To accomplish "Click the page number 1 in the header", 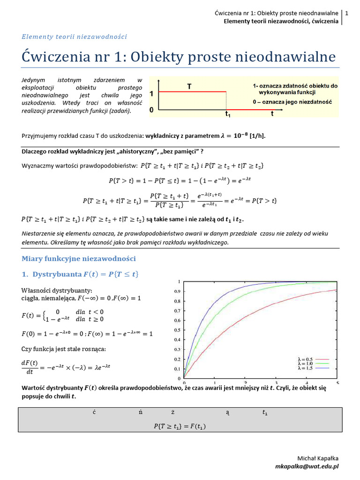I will point(346,14).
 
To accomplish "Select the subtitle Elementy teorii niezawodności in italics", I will point(75,37).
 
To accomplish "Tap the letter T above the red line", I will point(189,86).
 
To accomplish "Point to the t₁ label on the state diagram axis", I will point(227,114).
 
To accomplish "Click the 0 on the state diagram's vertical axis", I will point(151,110).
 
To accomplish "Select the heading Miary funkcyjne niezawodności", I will point(79,258).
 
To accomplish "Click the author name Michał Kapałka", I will point(318,458).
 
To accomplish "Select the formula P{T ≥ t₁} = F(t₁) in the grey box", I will point(180,426).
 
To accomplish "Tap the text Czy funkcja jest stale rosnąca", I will point(64,349).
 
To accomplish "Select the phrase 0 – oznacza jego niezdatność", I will point(292,102).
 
